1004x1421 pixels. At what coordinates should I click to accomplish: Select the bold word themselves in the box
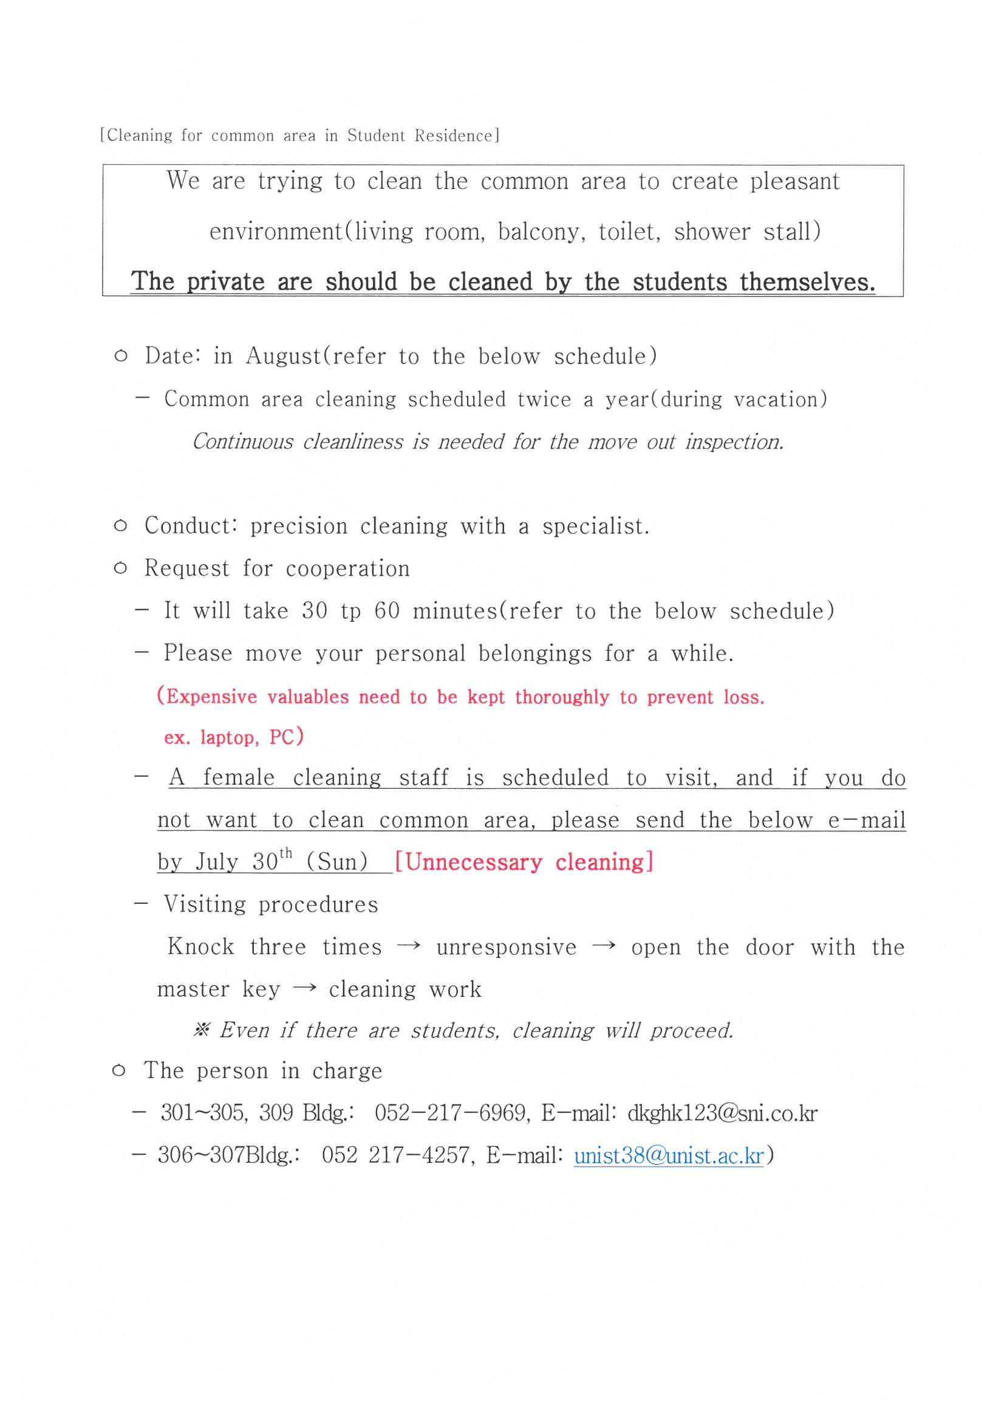click(x=807, y=282)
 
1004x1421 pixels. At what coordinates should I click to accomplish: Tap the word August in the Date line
click(x=284, y=357)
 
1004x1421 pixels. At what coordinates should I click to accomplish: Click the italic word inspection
click(x=734, y=442)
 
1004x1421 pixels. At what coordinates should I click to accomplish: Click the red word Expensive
click(x=211, y=697)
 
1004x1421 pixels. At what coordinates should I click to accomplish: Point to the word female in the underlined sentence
click(x=239, y=777)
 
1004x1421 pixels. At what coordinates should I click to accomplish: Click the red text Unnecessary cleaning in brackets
click(x=524, y=862)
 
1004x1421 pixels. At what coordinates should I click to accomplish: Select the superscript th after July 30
click(x=286, y=853)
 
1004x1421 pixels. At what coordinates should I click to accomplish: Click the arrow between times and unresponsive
click(x=409, y=946)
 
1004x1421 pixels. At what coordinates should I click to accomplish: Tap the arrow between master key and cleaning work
click(x=304, y=988)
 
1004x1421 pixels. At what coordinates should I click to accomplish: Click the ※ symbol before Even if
click(x=202, y=1030)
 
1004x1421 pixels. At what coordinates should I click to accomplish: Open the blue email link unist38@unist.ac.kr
click(x=669, y=1155)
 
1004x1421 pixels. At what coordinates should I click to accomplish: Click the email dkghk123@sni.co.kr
click(x=723, y=1113)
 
